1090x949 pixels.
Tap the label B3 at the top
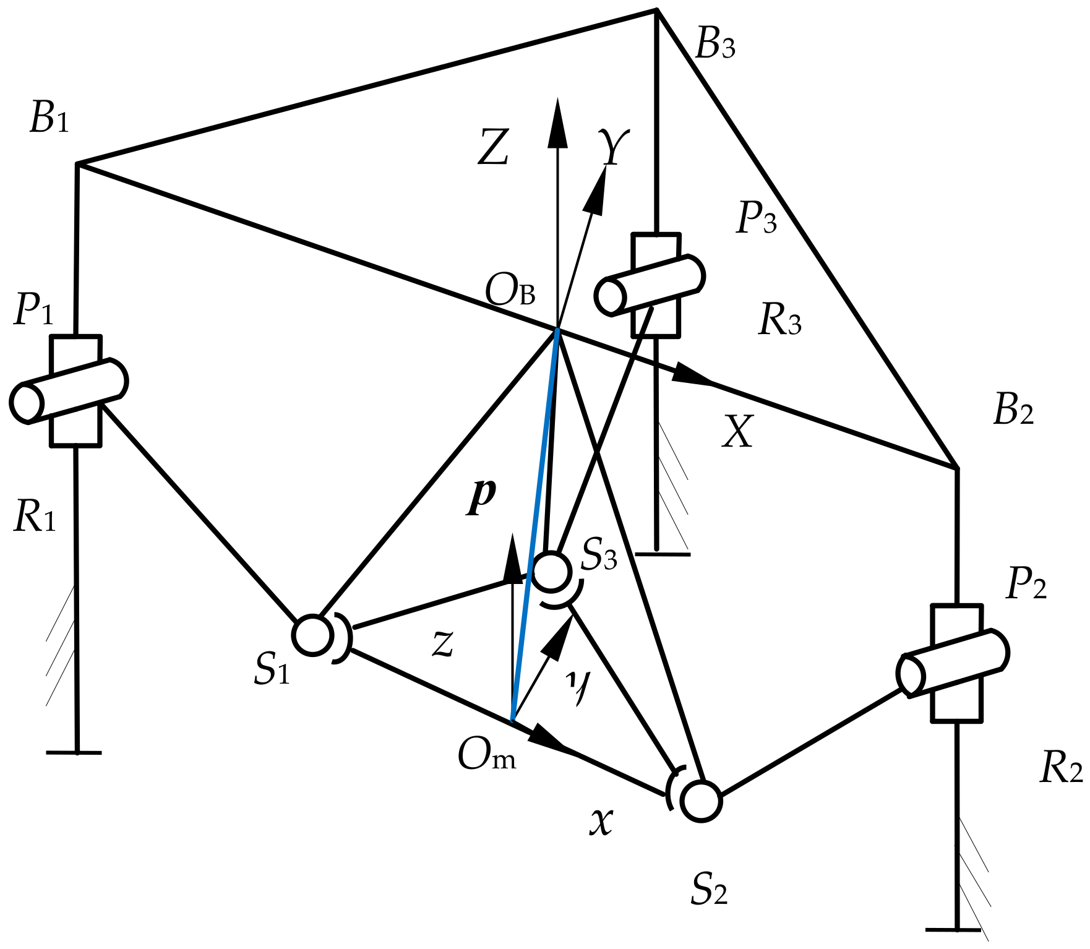point(715,43)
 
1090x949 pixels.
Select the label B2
point(1013,410)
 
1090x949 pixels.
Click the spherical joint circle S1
point(313,635)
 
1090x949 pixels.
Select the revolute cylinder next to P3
point(650,285)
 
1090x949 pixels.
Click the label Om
point(486,755)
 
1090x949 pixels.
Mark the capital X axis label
point(737,431)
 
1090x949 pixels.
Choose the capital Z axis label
point(494,147)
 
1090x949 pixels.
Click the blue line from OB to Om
point(536,526)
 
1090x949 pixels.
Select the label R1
point(35,517)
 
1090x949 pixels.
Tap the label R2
point(1060,769)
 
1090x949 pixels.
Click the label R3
point(779,321)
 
